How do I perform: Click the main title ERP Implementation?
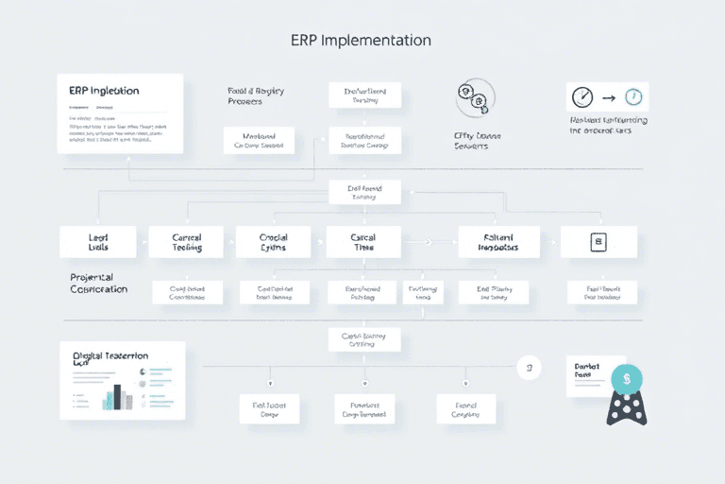point(363,41)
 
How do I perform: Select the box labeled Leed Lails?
point(97,242)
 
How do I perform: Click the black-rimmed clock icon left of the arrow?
point(583,97)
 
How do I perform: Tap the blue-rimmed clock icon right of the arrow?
point(633,97)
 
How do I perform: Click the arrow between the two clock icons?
point(609,97)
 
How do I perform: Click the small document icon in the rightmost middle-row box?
point(597,242)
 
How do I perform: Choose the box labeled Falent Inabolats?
point(499,242)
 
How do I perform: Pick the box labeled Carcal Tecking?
point(186,242)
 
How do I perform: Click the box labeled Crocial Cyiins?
point(274,242)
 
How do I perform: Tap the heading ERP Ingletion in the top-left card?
point(104,91)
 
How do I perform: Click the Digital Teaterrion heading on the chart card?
point(110,357)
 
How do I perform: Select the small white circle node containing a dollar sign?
point(530,367)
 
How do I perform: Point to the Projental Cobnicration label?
point(98,284)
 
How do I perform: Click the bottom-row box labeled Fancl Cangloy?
point(465,408)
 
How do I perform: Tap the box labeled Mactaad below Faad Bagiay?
point(259,141)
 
